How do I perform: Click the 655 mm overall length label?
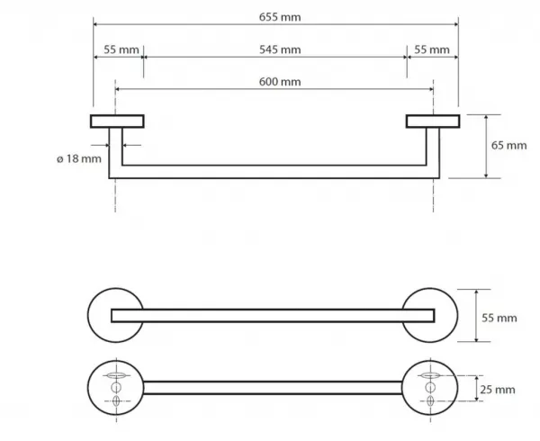(x=280, y=17)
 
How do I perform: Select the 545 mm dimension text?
(x=280, y=49)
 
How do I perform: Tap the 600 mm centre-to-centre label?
(x=280, y=82)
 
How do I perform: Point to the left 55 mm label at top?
(x=121, y=49)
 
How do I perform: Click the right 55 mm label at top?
(x=431, y=49)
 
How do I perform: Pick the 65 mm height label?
(x=508, y=145)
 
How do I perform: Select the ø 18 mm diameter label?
(x=79, y=158)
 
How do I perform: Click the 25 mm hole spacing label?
(x=498, y=390)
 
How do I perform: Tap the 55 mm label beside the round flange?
(x=499, y=318)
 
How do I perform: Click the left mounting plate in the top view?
(x=117, y=121)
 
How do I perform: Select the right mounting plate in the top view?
(x=433, y=121)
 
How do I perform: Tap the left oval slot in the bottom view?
(x=116, y=375)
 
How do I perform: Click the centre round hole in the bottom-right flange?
(x=430, y=387)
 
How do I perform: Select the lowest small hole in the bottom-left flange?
(x=116, y=401)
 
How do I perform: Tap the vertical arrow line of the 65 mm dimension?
(x=486, y=147)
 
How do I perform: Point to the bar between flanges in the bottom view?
(x=273, y=388)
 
